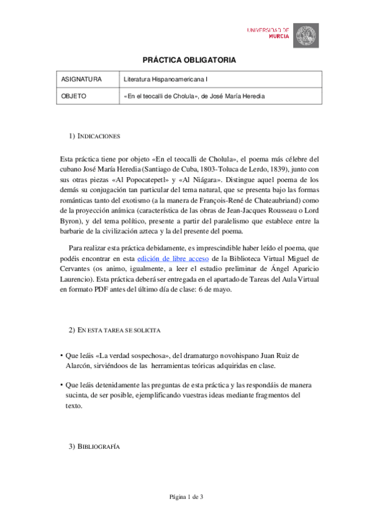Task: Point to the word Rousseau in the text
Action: [x=278, y=211]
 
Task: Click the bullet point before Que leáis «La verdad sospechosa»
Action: [x=61, y=355]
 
